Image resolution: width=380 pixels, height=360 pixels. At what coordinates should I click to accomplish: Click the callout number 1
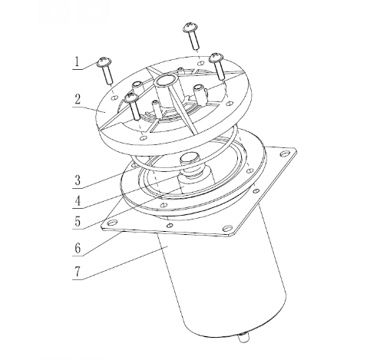[77, 62]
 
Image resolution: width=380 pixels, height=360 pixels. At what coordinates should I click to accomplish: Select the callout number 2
[78, 99]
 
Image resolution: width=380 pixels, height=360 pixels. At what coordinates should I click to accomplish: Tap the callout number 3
[78, 180]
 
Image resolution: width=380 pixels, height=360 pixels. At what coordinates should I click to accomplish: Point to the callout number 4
[78, 201]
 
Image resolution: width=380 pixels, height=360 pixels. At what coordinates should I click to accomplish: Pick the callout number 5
[78, 221]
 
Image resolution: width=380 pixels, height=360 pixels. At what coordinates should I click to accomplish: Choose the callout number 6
[78, 248]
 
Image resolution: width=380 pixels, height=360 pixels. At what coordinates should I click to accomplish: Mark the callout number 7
[78, 272]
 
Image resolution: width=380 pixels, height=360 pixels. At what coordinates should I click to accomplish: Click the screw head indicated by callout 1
[104, 61]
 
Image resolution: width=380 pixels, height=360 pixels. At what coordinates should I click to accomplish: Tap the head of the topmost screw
[190, 27]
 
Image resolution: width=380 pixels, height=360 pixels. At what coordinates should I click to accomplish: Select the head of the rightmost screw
[216, 58]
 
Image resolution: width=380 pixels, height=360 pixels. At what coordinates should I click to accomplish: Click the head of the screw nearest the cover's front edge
[131, 97]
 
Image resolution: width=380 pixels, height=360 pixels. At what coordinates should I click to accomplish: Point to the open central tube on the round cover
[165, 81]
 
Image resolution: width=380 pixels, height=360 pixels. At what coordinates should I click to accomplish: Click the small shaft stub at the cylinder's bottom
[244, 338]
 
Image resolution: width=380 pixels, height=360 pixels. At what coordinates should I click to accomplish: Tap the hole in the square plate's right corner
[284, 154]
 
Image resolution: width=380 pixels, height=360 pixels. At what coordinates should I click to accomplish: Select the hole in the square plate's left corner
[111, 223]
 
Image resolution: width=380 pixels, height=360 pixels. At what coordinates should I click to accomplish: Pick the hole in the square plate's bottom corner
[227, 228]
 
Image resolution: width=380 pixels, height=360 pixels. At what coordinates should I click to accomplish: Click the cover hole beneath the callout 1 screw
[115, 97]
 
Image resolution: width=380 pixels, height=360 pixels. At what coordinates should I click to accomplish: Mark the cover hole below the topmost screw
[201, 63]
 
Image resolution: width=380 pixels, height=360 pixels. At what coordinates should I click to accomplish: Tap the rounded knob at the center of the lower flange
[189, 159]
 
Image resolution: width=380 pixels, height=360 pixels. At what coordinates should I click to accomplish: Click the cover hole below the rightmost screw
[230, 104]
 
